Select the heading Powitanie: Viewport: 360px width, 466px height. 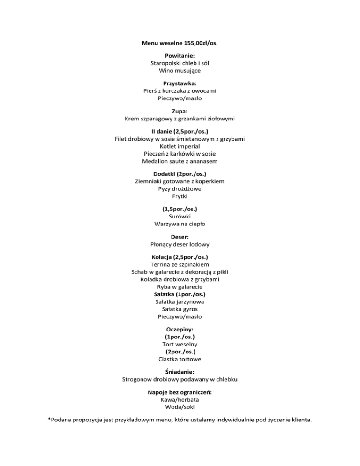pyautogui.click(x=180, y=55)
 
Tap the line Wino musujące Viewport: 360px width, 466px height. pyautogui.click(x=180, y=70)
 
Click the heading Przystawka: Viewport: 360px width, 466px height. pyautogui.click(x=180, y=83)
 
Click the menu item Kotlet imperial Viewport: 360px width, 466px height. pyautogui.click(x=180, y=146)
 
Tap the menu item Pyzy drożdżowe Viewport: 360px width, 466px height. pyautogui.click(x=180, y=189)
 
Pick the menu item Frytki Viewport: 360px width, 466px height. pyautogui.click(x=180, y=196)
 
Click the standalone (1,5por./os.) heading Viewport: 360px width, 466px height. pyautogui.click(x=180, y=209)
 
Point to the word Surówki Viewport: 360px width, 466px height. pyautogui.click(x=180, y=217)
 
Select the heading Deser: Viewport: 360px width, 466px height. pyautogui.click(x=180, y=237)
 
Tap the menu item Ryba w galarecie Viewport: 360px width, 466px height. pyautogui.click(x=180, y=287)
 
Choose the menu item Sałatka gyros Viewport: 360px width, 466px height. pyautogui.click(x=180, y=309)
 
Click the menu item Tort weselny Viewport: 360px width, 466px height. pyautogui.click(x=180, y=344)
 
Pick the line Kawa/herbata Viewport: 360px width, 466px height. pyautogui.click(x=180, y=399)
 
